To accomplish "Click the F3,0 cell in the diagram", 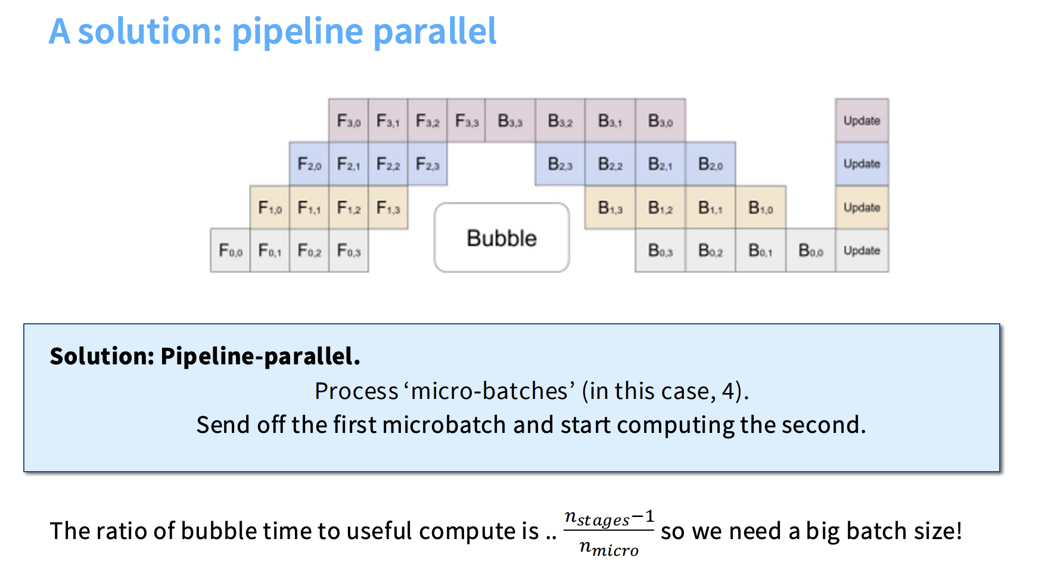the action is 349,120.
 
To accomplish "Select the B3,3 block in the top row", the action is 510,120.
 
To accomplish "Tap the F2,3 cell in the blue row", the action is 427,164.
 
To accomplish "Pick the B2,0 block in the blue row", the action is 710,164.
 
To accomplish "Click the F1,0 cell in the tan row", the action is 270,208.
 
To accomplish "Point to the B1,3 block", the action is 610,208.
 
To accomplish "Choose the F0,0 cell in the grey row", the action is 231,250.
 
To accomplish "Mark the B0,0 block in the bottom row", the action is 810,250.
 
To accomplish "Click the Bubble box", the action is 502,238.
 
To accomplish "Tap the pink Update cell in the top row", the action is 861,120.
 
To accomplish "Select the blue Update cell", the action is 861,164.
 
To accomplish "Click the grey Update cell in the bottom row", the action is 861,250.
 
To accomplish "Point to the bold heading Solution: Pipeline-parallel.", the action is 205,356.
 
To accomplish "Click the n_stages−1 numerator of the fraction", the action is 609,518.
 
